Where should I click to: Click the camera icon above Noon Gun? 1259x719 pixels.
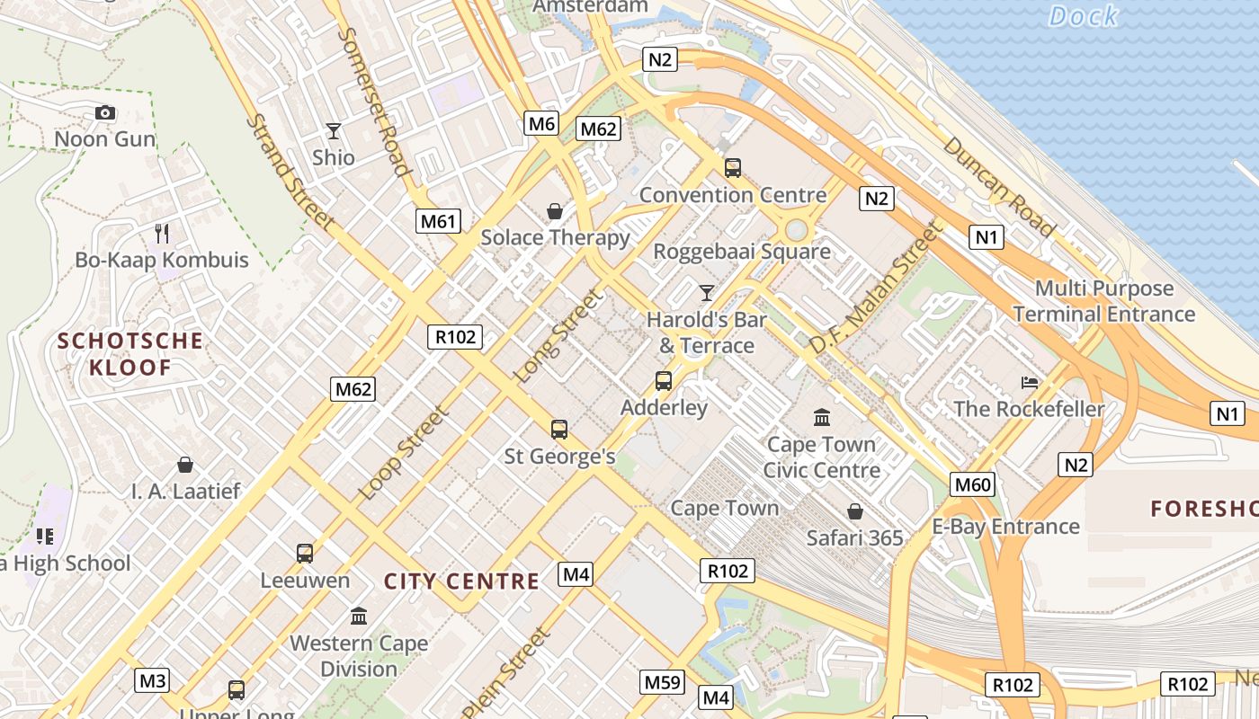105,113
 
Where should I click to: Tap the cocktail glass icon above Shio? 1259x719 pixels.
334,131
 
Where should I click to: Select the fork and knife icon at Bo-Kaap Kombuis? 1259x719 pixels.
162,234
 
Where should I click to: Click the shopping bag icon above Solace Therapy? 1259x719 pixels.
555,211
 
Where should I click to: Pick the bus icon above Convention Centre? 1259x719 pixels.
733,168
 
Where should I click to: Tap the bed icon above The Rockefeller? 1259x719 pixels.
1030,383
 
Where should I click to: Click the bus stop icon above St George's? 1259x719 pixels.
559,430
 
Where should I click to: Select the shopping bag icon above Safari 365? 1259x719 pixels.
854,511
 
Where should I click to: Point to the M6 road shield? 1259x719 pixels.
541,123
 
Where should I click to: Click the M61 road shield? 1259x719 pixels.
438,221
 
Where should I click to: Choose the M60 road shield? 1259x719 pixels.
973,485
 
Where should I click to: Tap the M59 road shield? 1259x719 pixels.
663,682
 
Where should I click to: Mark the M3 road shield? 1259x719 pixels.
152,680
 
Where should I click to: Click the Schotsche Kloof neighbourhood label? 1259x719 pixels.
129,354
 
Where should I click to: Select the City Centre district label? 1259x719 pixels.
461,581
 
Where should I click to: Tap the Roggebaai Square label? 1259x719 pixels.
741,252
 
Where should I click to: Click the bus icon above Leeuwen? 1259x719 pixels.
305,554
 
